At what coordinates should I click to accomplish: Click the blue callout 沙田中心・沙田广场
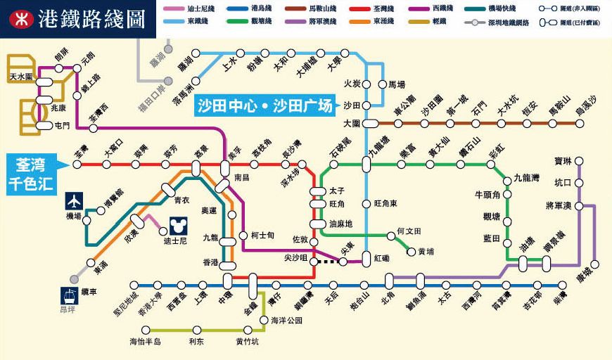[264, 107]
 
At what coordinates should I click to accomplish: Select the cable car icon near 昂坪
[69, 297]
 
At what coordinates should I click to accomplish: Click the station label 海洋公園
[286, 320]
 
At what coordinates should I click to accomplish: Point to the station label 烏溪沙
[585, 106]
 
